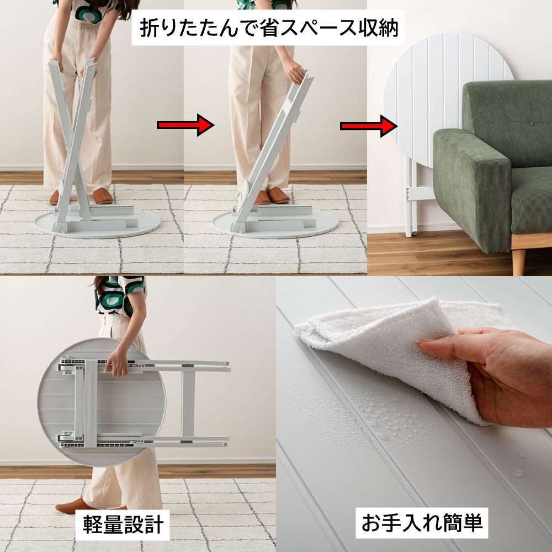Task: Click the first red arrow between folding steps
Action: tap(185, 125)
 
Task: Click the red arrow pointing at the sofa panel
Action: tap(369, 126)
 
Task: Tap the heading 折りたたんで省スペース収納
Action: tap(269, 28)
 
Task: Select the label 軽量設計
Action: tap(123, 524)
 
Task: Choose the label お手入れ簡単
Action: tap(422, 523)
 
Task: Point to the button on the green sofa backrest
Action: tap(532, 124)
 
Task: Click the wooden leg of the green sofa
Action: tap(518, 261)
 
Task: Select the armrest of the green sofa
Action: tap(472, 187)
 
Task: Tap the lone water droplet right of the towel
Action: tap(517, 473)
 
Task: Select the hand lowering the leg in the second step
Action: tap(295, 71)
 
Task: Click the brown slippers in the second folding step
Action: tap(272, 196)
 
